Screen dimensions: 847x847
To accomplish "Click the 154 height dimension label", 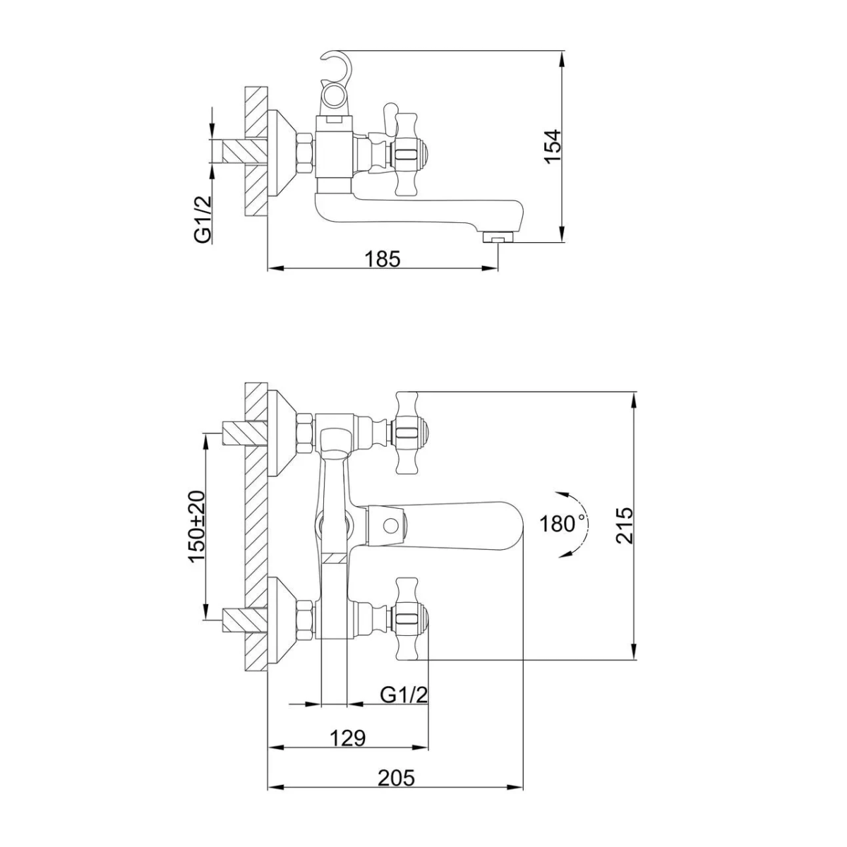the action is click(x=553, y=146).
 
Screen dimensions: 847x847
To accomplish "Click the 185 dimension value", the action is click(x=383, y=259).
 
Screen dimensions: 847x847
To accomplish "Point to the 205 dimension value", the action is click(x=396, y=778).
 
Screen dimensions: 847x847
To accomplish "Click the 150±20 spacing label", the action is click(x=197, y=526).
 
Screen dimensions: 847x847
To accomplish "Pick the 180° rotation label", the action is click(x=563, y=524).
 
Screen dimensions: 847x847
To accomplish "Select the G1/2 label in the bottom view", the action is click(x=404, y=695).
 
